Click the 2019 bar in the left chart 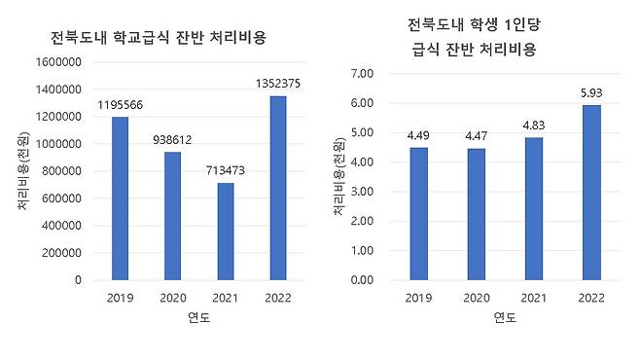point(120,198)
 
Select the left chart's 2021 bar point(226,232)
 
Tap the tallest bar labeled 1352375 point(278,188)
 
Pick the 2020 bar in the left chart point(173,216)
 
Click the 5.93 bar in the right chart point(591,193)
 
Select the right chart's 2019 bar point(419,214)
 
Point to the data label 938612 point(172,140)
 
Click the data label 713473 point(226,170)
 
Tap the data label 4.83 point(534,126)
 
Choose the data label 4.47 point(477,136)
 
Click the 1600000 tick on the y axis point(58,62)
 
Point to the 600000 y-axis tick point(61,198)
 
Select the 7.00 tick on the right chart point(362,74)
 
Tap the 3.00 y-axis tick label point(362,192)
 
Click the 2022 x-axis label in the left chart point(278,298)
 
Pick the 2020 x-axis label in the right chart point(477,298)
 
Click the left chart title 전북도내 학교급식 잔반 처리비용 point(159,38)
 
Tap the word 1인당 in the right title point(522,25)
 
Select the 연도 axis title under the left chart point(198,317)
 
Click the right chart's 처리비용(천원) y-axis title point(339,176)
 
